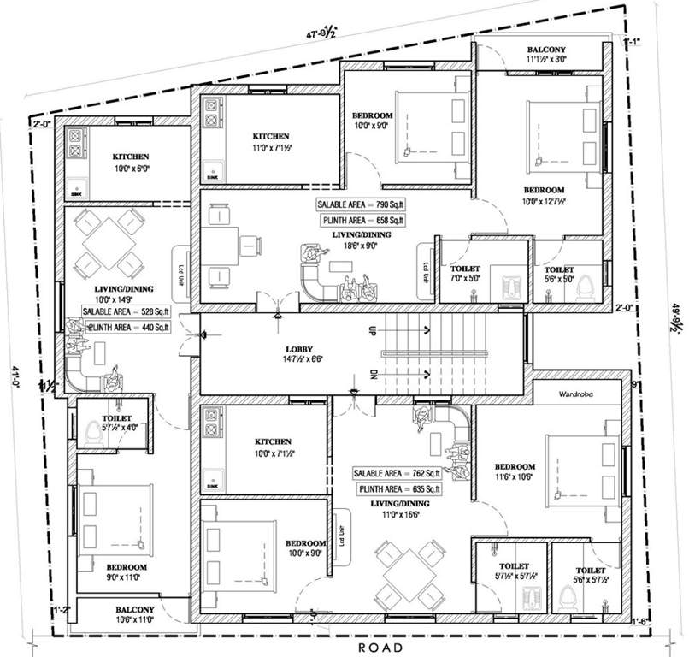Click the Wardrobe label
click(x=576, y=395)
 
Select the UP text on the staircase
click(x=372, y=328)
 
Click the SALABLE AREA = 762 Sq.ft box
click(x=397, y=473)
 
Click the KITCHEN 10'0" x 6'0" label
click(x=131, y=163)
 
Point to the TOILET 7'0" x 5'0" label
click(x=468, y=273)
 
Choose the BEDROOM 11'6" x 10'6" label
click(x=514, y=471)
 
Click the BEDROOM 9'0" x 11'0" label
click(x=126, y=572)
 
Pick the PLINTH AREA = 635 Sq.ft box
click(x=397, y=488)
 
